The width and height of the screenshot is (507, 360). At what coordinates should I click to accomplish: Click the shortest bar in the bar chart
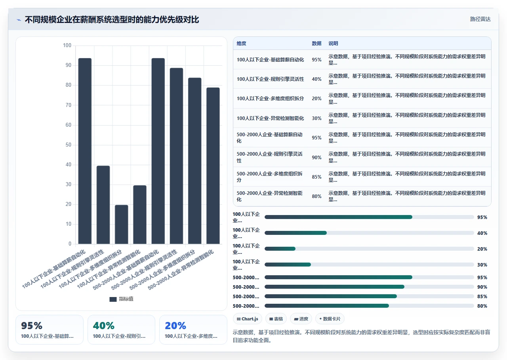[121, 224]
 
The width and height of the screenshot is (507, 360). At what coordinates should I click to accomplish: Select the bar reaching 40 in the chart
[103, 205]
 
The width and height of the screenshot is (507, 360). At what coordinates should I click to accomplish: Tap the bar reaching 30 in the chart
[140, 215]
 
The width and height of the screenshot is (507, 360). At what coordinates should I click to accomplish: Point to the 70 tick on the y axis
[69, 105]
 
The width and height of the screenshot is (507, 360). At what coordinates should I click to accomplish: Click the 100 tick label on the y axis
[67, 45]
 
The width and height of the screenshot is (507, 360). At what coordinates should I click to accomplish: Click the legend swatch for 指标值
[113, 299]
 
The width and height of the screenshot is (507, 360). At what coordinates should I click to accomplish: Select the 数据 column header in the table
[316, 44]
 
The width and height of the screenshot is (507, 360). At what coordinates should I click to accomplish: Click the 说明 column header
[333, 44]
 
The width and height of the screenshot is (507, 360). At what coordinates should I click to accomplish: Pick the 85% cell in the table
[316, 177]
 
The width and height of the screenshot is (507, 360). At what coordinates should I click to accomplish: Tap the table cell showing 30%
[316, 118]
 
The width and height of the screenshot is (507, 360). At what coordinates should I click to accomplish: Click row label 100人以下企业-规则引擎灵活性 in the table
[270, 79]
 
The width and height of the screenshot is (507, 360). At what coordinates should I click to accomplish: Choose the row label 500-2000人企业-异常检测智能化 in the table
[270, 196]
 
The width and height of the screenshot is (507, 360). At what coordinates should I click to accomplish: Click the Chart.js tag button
[248, 319]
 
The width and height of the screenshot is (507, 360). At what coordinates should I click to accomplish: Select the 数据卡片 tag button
[330, 319]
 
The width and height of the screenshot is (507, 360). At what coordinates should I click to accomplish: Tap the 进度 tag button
[301, 319]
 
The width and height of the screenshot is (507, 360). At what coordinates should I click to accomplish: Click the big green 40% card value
[104, 326]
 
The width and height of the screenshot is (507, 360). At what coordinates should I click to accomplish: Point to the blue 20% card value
[175, 326]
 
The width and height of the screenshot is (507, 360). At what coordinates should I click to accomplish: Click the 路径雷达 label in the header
[480, 19]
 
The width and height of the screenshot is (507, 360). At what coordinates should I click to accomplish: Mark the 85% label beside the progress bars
[482, 296]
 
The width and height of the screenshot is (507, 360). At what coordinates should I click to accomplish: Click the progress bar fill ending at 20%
[280, 249]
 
